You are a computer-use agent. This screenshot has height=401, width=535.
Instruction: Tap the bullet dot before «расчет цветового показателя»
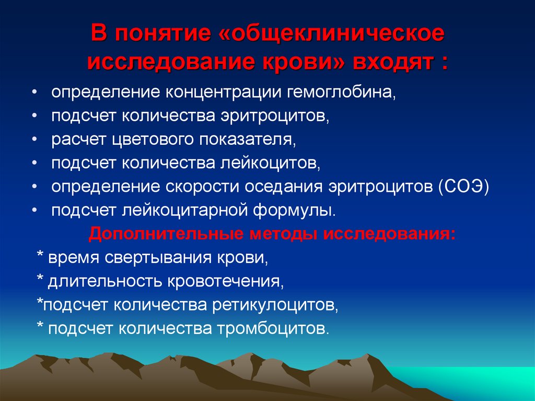point(34,141)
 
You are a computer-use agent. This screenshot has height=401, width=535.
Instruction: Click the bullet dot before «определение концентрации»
point(34,93)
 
